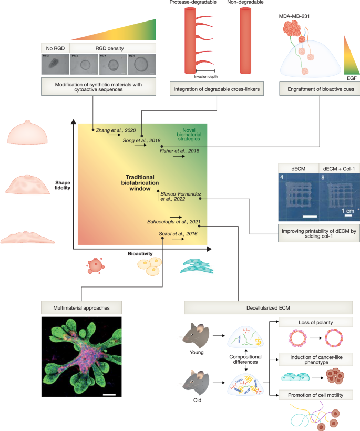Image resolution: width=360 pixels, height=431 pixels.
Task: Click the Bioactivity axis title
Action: pos(140,253)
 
